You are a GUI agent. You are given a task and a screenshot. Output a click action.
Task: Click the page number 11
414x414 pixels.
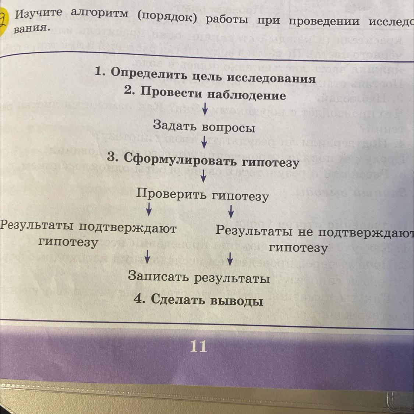point(198,346)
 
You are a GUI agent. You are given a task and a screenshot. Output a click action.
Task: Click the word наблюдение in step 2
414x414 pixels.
point(247,95)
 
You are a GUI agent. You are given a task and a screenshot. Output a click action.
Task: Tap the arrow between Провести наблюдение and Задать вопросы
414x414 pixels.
point(204,108)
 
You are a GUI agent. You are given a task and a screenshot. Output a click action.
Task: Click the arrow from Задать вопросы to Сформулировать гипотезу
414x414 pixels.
point(204,142)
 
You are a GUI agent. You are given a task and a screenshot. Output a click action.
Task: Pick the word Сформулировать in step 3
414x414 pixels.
point(180,159)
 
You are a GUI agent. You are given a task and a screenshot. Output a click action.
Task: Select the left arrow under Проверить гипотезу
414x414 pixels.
point(149,209)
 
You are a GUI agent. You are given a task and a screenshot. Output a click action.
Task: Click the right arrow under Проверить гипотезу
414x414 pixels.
point(231,211)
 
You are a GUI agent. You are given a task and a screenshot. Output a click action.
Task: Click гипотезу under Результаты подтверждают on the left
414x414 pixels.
point(68,242)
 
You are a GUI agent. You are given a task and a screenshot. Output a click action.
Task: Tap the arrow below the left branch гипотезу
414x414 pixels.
point(147,256)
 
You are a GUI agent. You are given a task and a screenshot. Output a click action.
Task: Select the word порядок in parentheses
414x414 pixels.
point(167,16)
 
